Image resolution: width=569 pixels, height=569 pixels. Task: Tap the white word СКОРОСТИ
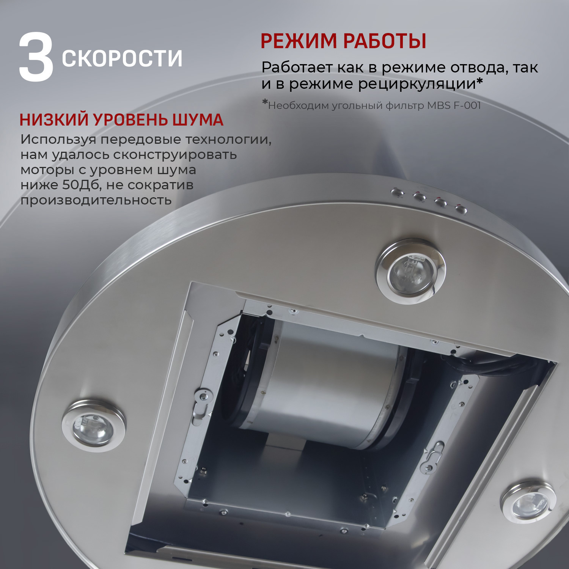click(x=122, y=58)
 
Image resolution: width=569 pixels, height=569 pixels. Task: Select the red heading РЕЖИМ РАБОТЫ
click(x=343, y=41)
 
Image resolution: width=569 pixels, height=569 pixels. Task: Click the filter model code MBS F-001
click(x=454, y=105)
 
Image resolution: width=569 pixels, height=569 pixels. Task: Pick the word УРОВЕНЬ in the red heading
click(x=131, y=120)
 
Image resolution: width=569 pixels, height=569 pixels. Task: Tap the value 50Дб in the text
click(x=82, y=185)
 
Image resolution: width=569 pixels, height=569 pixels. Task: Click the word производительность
click(x=96, y=200)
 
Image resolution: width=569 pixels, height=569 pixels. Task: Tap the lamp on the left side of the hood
click(x=93, y=426)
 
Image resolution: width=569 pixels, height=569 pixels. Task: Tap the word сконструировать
click(x=175, y=155)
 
